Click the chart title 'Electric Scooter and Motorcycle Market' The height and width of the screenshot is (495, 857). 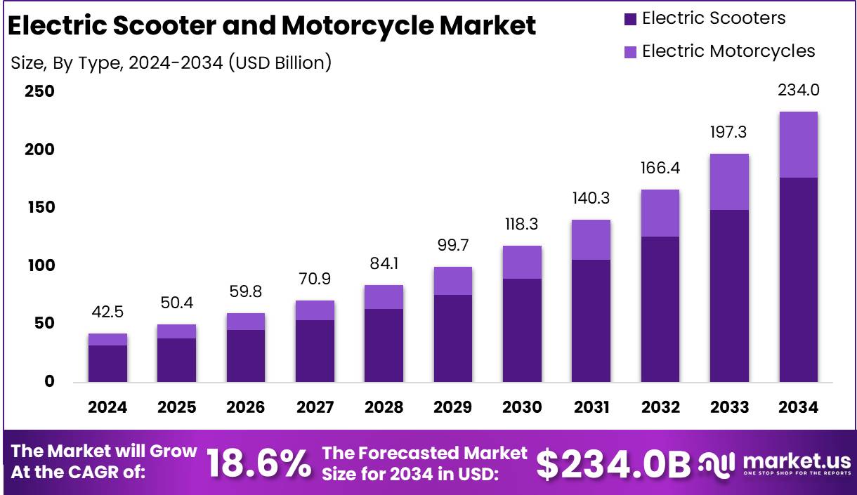[x=272, y=26]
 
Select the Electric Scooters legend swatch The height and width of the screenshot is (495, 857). [x=629, y=19]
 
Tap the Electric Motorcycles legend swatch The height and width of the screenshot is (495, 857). [x=629, y=52]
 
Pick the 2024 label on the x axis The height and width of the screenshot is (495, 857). [x=107, y=407]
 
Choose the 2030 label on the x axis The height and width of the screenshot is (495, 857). [x=522, y=407]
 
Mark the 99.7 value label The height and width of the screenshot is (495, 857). [x=452, y=246]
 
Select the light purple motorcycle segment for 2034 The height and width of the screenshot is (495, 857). [x=798, y=145]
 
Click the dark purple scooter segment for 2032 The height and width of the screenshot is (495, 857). [x=660, y=309]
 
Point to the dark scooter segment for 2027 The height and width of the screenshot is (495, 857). [x=315, y=351]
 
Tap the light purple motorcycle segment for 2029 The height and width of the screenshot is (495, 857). [x=452, y=281]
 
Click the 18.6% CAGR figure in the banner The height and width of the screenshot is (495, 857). [x=259, y=463]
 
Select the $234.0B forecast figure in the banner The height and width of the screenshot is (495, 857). [x=613, y=463]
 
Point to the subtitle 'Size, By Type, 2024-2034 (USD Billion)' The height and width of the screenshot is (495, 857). [x=171, y=62]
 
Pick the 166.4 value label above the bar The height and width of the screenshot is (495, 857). [x=660, y=169]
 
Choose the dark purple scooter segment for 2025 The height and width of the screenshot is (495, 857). [x=176, y=360]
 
